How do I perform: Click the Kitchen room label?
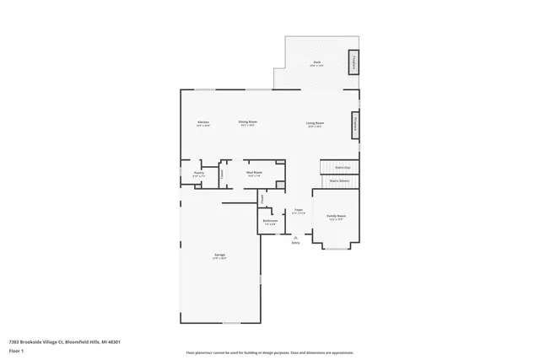(203, 122)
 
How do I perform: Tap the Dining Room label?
(247, 122)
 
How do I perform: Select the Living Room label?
(316, 123)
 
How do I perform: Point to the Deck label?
(316, 62)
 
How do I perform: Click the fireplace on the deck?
(354, 62)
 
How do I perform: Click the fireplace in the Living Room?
(356, 123)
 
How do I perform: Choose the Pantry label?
(199, 173)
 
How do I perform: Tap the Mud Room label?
(254, 173)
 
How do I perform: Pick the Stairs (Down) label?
(339, 180)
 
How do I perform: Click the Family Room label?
(336, 216)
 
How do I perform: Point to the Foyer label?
(298, 210)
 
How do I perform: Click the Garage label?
(219, 255)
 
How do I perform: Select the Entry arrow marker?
(295, 238)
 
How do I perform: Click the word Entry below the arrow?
(295, 244)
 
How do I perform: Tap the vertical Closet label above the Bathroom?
(262, 200)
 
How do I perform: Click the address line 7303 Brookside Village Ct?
(64, 342)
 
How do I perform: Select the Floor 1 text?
(15, 352)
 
